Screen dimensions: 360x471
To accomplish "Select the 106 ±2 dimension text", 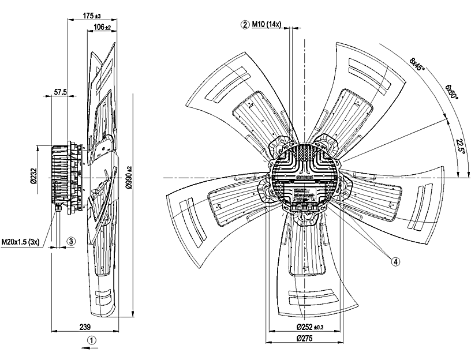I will point(102,27).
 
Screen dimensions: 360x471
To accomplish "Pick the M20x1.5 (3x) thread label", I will point(20,242).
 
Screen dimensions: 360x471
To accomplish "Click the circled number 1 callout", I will point(91,340).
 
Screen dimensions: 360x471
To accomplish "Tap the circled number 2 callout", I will point(245,25).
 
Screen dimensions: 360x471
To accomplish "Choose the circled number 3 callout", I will point(70,242).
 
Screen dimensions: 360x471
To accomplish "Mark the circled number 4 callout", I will point(395,261).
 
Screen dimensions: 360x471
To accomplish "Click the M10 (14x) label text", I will point(267,25).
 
